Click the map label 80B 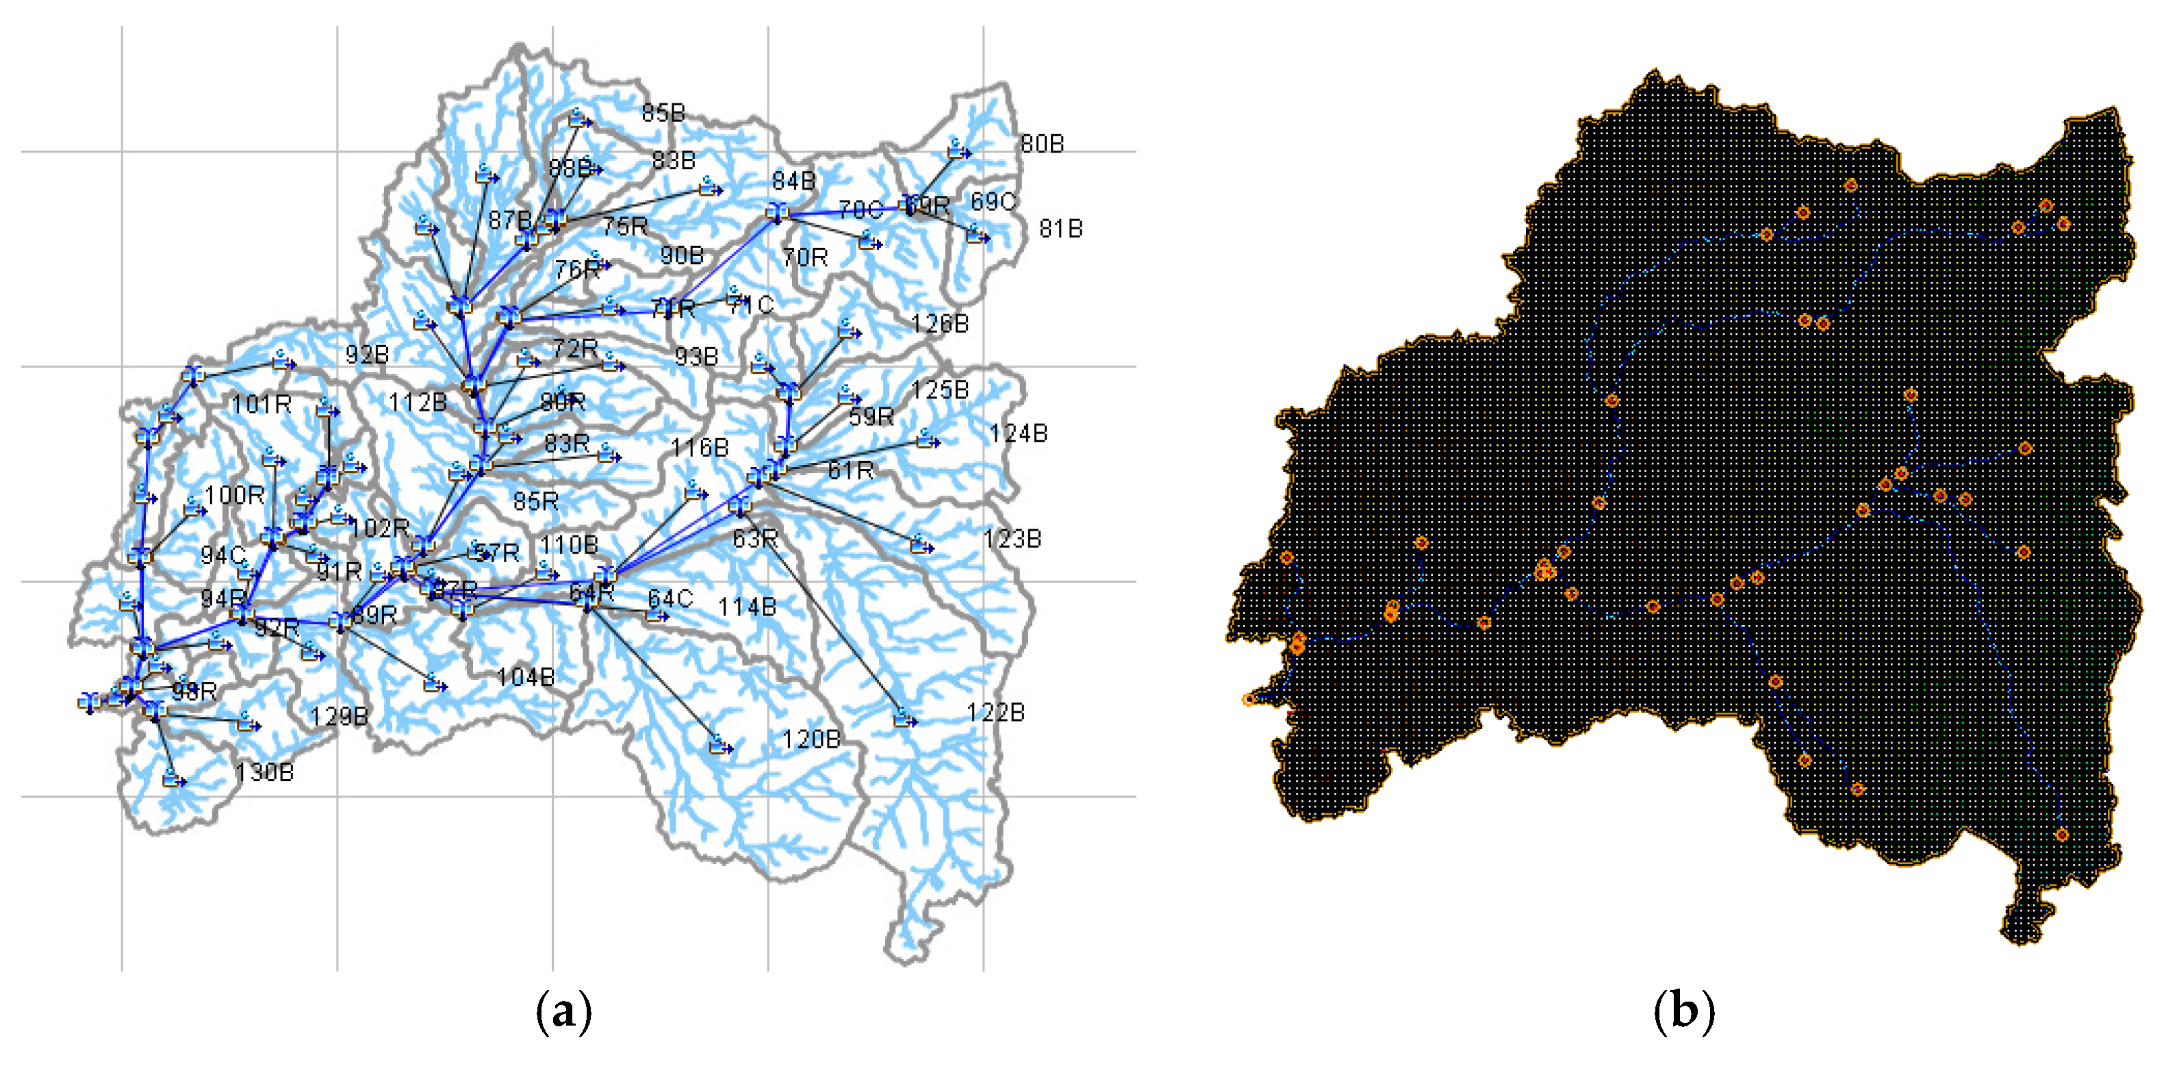(1042, 144)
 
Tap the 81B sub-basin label (1060, 229)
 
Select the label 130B (264, 772)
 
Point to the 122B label (995, 713)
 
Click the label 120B (811, 740)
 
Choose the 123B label (1012, 539)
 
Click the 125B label (939, 390)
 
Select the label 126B (939, 324)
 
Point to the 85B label (663, 113)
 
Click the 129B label (339, 716)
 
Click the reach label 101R (262, 405)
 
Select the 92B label (367, 355)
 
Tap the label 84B (793, 181)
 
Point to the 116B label (700, 448)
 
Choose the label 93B (696, 357)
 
